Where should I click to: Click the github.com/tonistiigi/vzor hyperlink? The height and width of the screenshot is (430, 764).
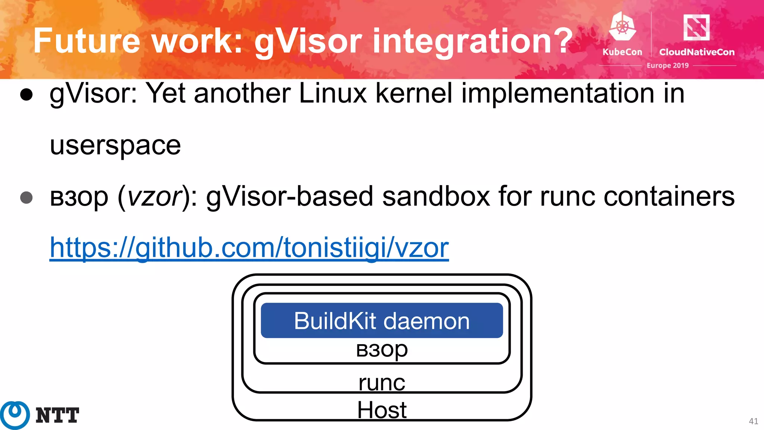249,247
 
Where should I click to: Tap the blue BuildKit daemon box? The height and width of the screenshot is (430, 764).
382,321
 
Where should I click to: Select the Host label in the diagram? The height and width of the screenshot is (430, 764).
382,410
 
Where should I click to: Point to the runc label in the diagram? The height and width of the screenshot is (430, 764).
382,383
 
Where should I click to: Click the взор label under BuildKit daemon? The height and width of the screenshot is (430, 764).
382,350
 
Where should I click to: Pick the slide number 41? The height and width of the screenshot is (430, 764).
753,421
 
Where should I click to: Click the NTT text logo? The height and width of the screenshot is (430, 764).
57,415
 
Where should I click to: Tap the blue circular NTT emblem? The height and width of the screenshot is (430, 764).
15,415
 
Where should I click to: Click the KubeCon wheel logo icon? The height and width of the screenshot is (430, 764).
622,26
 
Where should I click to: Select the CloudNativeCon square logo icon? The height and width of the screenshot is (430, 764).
696,27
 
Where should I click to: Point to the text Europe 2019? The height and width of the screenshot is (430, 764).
667,65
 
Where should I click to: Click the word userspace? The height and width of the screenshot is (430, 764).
115,145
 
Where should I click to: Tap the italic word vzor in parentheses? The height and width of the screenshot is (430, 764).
154,197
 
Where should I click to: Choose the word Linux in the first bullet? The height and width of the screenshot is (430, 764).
333,93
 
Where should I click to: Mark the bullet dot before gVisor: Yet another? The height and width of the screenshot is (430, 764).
26,95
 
